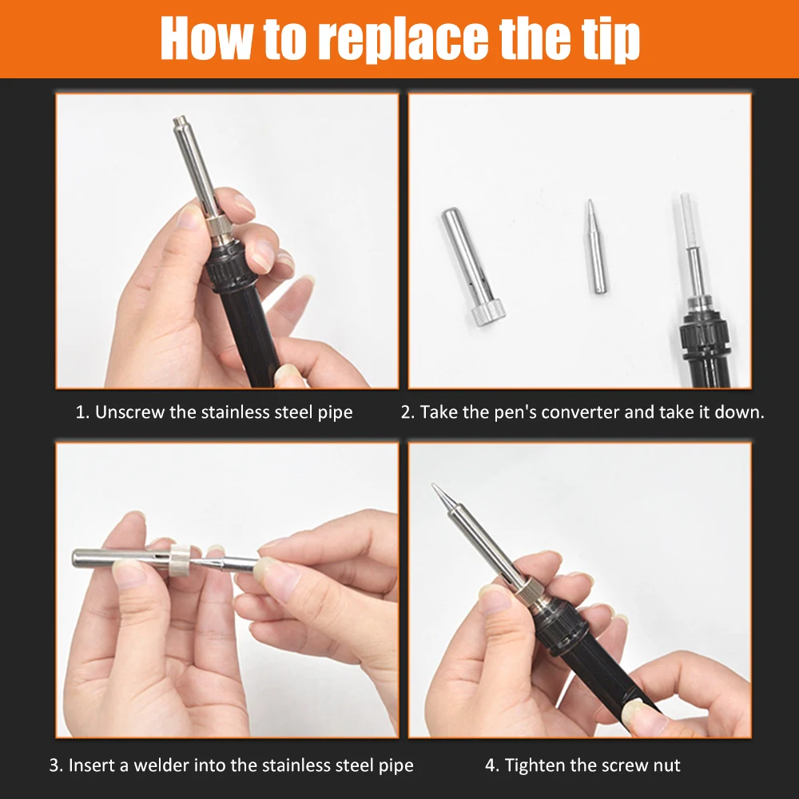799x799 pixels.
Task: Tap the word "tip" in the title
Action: (610, 39)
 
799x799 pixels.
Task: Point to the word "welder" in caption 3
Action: (161, 765)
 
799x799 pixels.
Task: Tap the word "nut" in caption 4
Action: (666, 766)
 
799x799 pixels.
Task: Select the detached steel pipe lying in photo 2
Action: (472, 267)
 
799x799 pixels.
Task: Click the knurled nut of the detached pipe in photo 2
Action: (487, 313)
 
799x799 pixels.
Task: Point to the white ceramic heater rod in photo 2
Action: (689, 220)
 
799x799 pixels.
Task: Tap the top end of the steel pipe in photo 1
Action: (179, 121)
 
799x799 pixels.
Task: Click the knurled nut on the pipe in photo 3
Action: (180, 559)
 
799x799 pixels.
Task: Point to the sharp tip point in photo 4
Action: (434, 485)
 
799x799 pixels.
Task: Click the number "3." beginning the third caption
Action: (56, 765)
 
